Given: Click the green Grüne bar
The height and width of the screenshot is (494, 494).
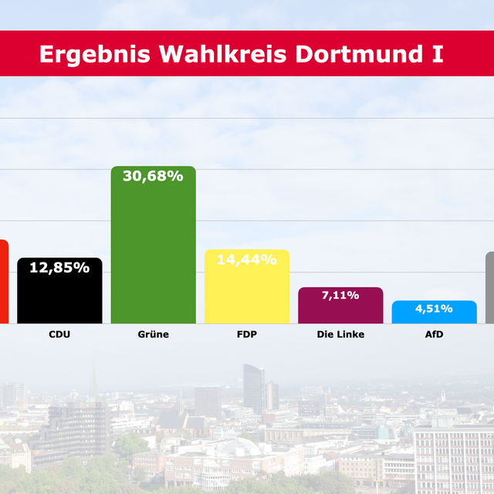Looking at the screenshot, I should click(x=153, y=255).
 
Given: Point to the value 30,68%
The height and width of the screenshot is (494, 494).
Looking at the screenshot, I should click(x=153, y=176).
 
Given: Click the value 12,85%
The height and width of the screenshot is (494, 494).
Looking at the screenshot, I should click(x=59, y=268).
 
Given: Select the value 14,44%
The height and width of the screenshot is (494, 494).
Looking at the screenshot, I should click(x=247, y=260).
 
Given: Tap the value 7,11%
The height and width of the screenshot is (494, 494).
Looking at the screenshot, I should click(x=340, y=296).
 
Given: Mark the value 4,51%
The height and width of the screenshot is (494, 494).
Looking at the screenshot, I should click(x=434, y=309).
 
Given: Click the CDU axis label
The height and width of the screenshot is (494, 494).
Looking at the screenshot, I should click(x=59, y=334).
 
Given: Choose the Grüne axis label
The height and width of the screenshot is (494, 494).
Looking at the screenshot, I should click(x=153, y=334).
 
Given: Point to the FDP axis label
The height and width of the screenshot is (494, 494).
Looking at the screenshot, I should click(x=247, y=334).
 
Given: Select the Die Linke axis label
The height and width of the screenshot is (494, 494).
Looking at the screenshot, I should click(x=340, y=334).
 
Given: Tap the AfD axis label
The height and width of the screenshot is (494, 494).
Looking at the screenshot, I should click(x=434, y=334).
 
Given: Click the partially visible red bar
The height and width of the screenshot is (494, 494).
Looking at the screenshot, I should click(x=3, y=282).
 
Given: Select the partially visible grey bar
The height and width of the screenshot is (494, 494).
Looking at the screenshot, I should click(x=489, y=287).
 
